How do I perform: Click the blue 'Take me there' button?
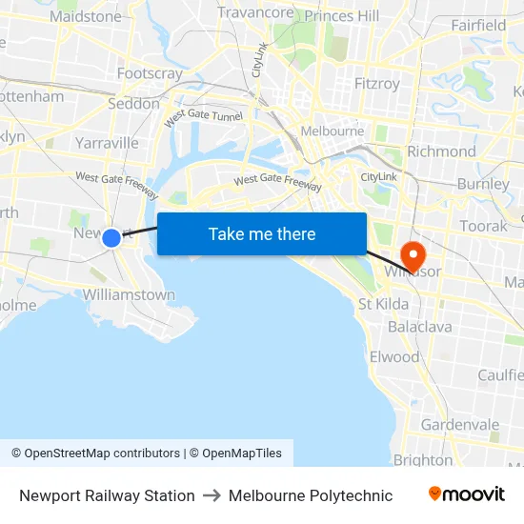261,233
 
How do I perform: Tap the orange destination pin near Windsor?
413,253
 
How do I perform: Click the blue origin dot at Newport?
111,237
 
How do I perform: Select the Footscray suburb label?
150,73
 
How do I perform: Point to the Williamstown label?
129,294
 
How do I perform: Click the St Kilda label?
383,304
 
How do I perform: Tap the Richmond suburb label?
441,151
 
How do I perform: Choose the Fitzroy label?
376,84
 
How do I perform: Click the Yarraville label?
107,143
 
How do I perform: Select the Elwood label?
394,357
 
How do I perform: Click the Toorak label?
483,227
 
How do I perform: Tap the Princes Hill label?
342,15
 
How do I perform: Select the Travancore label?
255,12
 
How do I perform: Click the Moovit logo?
466,494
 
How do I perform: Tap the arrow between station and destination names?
212,495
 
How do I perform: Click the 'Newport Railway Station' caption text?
107,495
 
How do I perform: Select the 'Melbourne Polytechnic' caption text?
311,495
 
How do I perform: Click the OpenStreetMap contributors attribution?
95,453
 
